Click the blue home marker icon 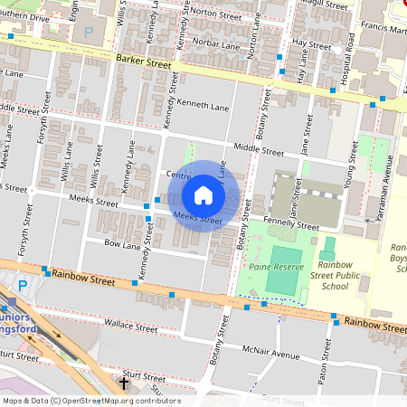203,194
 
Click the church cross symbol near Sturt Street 124,383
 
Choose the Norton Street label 217,14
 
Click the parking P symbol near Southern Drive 88,32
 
